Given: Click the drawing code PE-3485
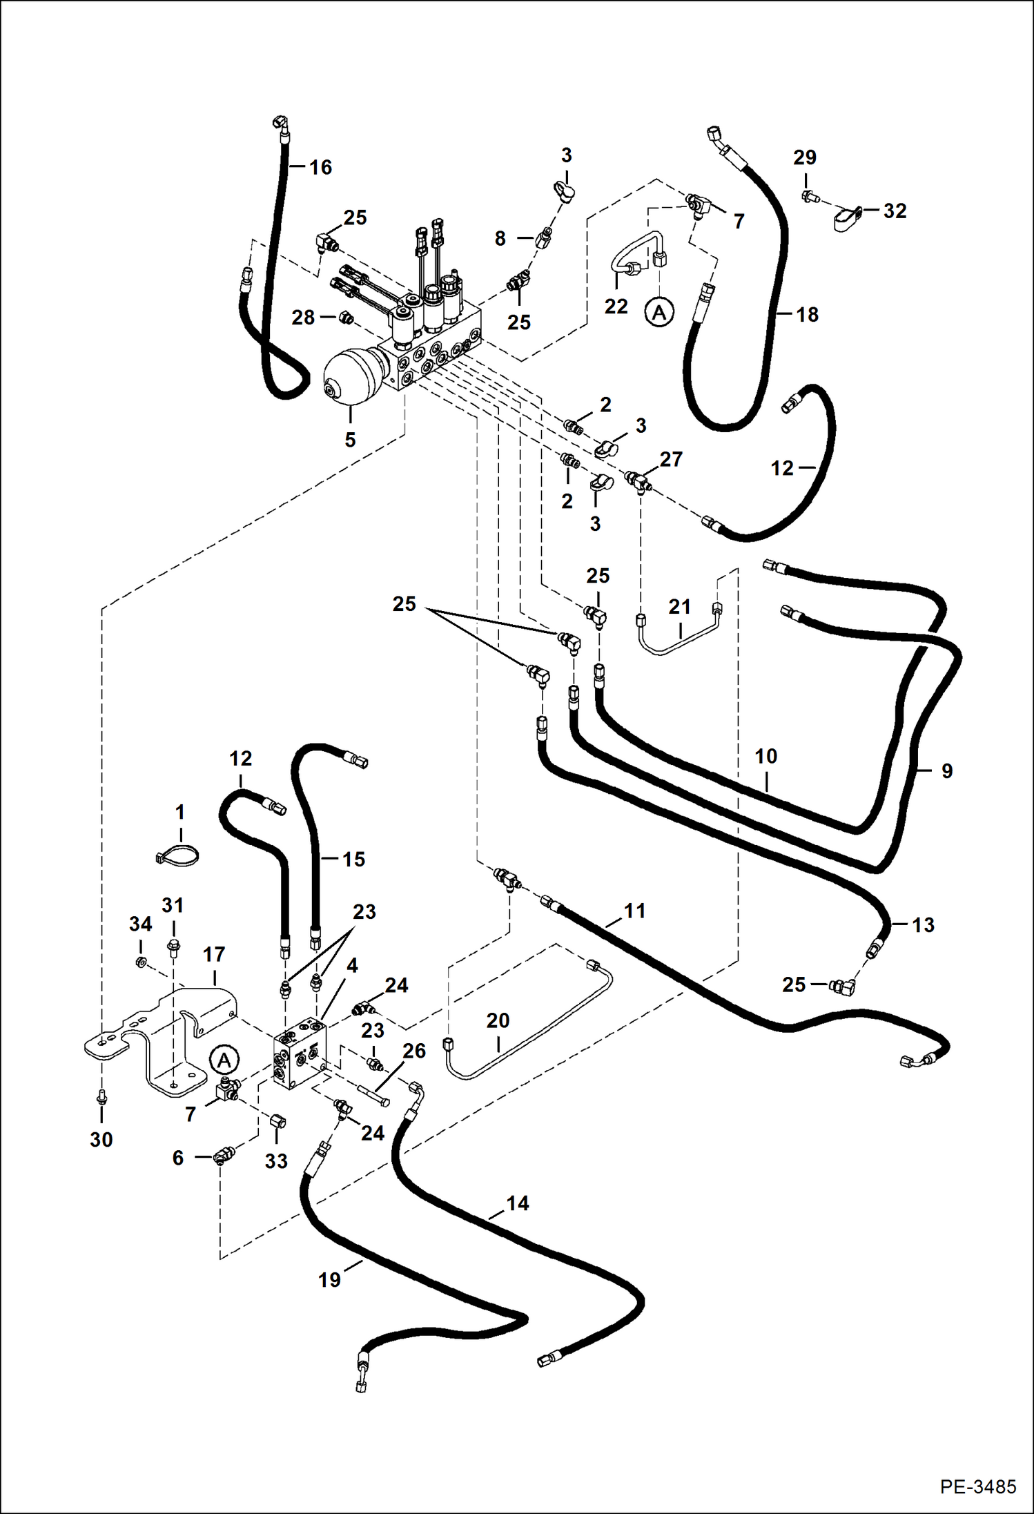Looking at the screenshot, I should pyautogui.click(x=977, y=1486).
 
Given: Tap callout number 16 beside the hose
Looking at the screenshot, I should pyautogui.click(x=320, y=167).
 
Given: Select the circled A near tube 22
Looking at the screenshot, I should pyautogui.click(x=659, y=313).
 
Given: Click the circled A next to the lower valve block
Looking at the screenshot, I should pyautogui.click(x=224, y=1060).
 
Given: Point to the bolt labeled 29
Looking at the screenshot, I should pyautogui.click(x=810, y=197).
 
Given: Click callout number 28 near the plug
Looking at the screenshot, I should pyautogui.click(x=303, y=318).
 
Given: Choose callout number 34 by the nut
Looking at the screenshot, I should pyautogui.click(x=140, y=924).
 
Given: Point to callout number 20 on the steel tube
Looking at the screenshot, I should pyautogui.click(x=498, y=1020).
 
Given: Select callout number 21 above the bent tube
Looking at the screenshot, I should pyautogui.click(x=679, y=607).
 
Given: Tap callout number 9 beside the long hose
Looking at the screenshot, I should pyautogui.click(x=946, y=771).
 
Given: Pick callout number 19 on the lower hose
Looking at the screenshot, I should pyautogui.click(x=329, y=1280).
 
